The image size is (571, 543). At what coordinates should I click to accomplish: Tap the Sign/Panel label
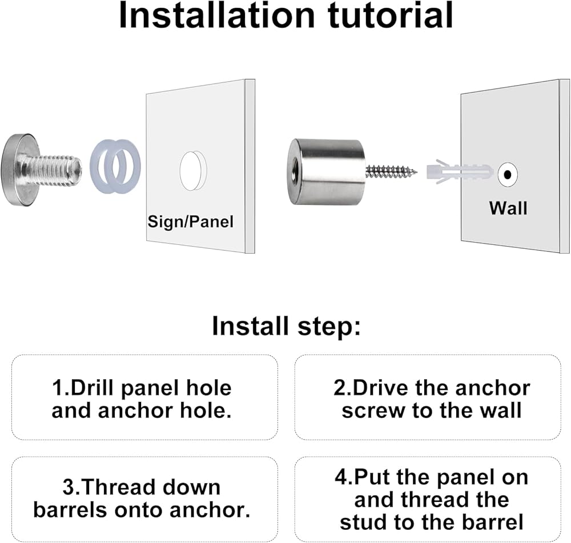[191, 222]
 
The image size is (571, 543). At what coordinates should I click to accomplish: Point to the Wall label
[508, 208]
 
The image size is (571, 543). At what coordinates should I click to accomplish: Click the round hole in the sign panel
[193, 171]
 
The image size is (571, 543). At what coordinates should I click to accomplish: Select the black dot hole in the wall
[507, 175]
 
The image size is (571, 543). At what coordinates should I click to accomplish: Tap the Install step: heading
[286, 326]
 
